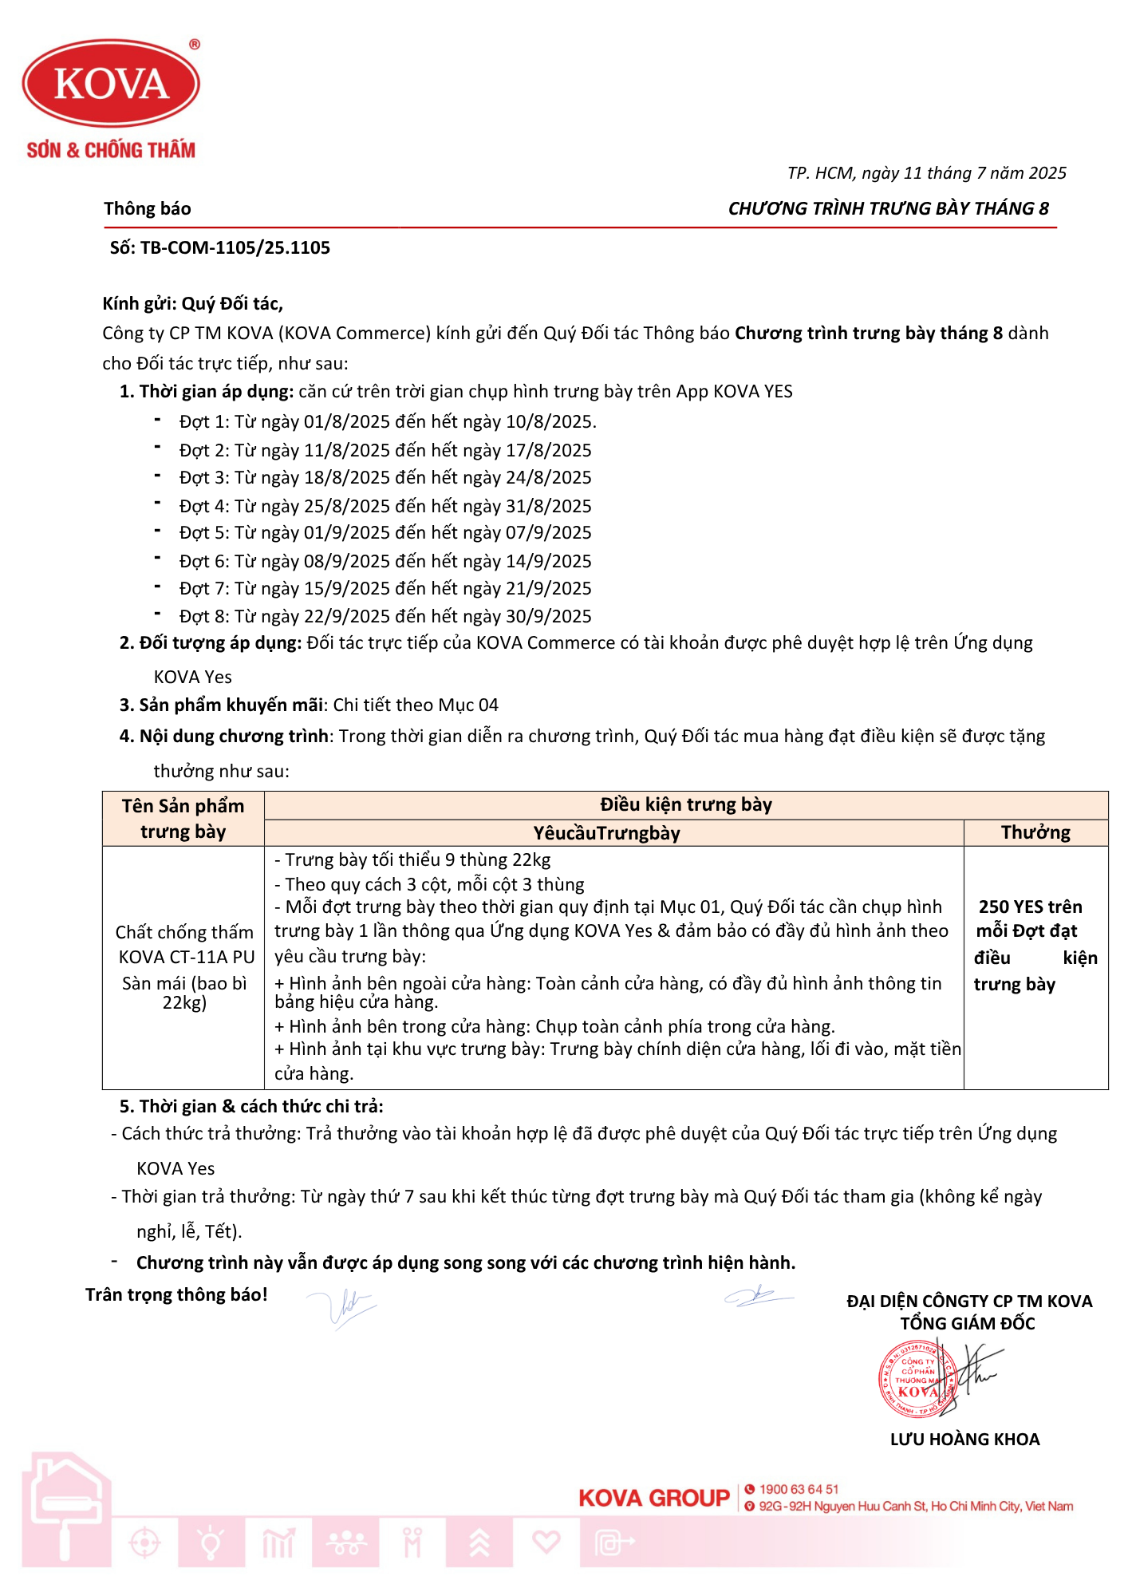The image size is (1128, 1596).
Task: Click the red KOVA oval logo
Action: (111, 84)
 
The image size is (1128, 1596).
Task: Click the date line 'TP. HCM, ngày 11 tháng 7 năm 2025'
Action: (926, 173)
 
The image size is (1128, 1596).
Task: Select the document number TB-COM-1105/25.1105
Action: (235, 248)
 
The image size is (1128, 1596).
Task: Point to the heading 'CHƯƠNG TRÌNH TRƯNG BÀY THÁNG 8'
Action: (888, 209)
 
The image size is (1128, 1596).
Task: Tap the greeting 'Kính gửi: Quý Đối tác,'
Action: (192, 304)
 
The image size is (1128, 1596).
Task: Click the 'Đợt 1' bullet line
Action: (387, 421)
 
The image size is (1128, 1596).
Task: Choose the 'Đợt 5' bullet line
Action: (385, 532)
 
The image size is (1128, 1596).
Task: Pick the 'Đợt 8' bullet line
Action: (385, 616)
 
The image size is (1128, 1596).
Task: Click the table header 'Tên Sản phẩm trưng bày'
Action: (183, 819)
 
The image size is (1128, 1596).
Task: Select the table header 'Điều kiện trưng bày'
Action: (685, 804)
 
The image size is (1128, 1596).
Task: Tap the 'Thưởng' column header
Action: (1035, 832)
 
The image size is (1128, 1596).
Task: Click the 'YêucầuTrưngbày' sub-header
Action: (606, 833)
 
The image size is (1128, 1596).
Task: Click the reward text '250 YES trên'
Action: (1030, 907)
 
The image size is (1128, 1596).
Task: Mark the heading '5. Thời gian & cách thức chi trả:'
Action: (251, 1106)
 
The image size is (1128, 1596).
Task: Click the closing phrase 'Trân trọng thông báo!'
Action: (176, 1294)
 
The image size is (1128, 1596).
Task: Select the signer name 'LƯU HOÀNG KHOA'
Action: (964, 1440)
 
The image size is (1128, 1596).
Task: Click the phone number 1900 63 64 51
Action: (799, 1489)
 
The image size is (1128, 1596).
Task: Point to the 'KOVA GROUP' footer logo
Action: (654, 1499)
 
